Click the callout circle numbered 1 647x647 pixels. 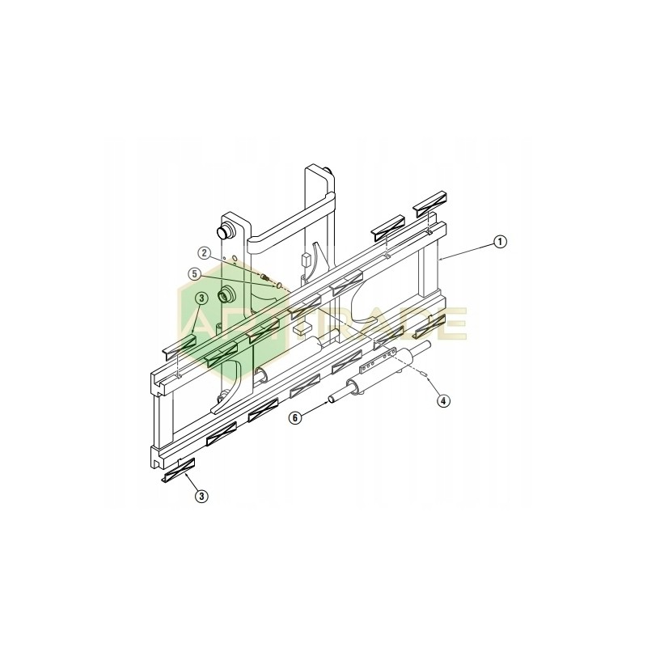pyautogui.click(x=501, y=240)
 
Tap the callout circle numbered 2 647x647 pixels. pyautogui.click(x=205, y=252)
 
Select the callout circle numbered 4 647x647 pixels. pyautogui.click(x=443, y=400)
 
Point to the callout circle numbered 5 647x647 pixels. pyautogui.click(x=195, y=273)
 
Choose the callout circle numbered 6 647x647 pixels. pyautogui.click(x=296, y=417)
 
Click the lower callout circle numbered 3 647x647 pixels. pyautogui.click(x=201, y=496)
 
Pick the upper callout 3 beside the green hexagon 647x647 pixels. pyautogui.click(x=201, y=298)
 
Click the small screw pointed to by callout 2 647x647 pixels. pyautogui.click(x=265, y=279)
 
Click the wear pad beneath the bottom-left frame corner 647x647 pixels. pyautogui.click(x=180, y=471)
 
